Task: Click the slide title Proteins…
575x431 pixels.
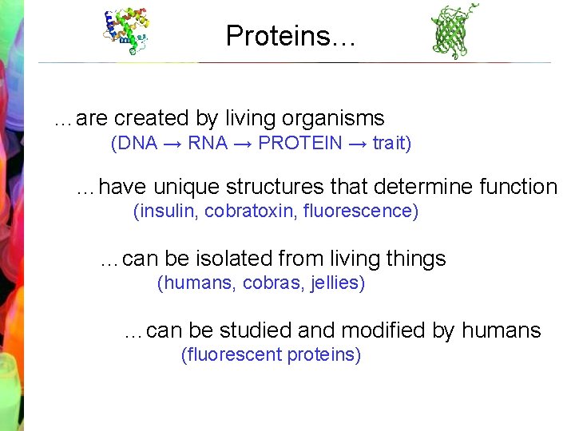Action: point(290,36)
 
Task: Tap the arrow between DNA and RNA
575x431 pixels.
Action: point(172,144)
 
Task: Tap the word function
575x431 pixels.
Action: point(518,188)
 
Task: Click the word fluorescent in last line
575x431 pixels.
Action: point(232,355)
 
